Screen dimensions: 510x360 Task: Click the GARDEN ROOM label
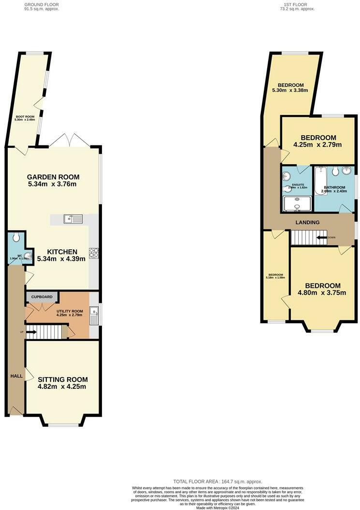point(53,177)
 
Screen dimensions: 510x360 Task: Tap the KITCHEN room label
point(62,252)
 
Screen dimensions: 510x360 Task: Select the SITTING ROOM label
point(62,380)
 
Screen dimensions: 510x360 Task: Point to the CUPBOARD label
point(42,297)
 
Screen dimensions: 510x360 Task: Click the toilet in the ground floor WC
point(16,237)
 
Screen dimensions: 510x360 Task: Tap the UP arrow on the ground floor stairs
point(32,332)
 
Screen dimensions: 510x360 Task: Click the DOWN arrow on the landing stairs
point(321,237)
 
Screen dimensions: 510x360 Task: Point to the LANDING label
point(308,223)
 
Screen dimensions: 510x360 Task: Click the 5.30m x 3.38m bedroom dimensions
point(290,90)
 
